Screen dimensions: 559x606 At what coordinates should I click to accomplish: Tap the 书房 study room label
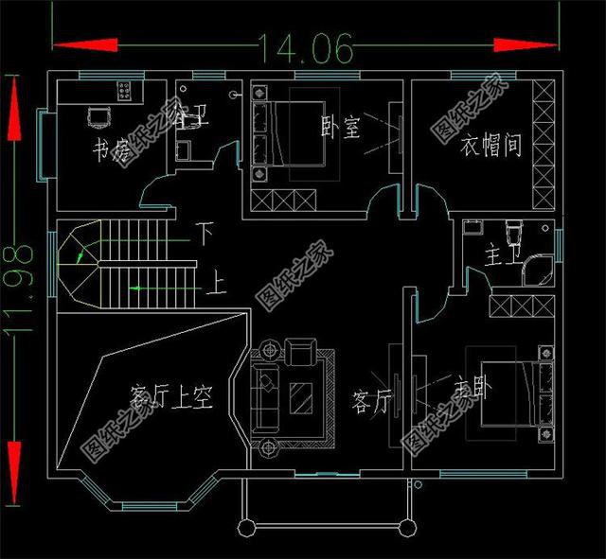111,149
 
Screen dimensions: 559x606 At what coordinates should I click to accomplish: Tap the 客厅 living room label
371,401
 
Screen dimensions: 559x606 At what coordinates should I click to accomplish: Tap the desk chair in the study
98,118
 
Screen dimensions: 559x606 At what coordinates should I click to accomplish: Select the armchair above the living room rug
300,354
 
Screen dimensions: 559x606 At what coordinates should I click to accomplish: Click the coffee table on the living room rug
302,395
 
